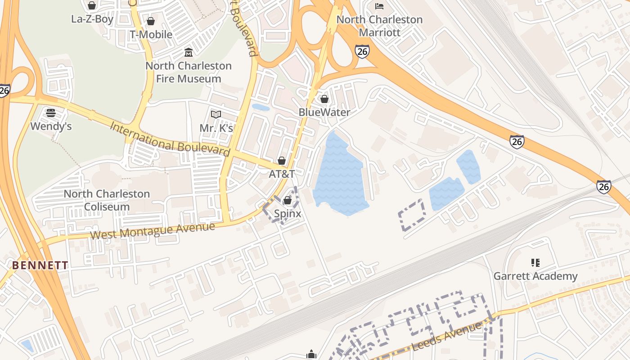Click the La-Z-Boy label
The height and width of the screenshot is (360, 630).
pyautogui.click(x=92, y=19)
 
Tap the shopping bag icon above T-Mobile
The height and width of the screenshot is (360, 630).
pyautogui.click(x=151, y=21)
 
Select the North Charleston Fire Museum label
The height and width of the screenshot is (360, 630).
pyautogui.click(x=189, y=72)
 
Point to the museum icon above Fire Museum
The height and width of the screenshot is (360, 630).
pyautogui.click(x=189, y=53)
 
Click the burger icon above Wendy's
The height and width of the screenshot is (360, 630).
pyautogui.click(x=51, y=112)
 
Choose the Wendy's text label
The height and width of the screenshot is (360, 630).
pyautogui.click(x=51, y=126)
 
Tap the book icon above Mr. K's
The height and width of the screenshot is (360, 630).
pyautogui.click(x=216, y=114)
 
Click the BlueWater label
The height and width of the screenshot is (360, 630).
pyautogui.click(x=324, y=112)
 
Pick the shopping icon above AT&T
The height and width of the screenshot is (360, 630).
pyautogui.click(x=282, y=161)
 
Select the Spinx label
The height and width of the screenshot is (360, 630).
pyautogui.click(x=288, y=214)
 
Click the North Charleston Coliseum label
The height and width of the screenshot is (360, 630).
pyautogui.click(x=107, y=200)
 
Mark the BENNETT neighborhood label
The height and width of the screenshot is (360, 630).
pyautogui.click(x=40, y=265)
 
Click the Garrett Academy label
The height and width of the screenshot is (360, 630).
pyautogui.click(x=535, y=276)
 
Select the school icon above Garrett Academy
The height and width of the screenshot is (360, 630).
pyautogui.click(x=535, y=262)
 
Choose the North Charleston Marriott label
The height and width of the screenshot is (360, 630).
pyautogui.click(x=380, y=26)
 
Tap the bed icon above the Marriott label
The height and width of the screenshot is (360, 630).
pyautogui.click(x=379, y=6)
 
